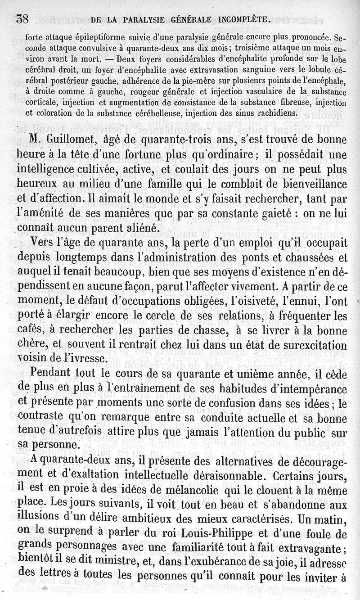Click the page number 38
[x=22, y=19]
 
